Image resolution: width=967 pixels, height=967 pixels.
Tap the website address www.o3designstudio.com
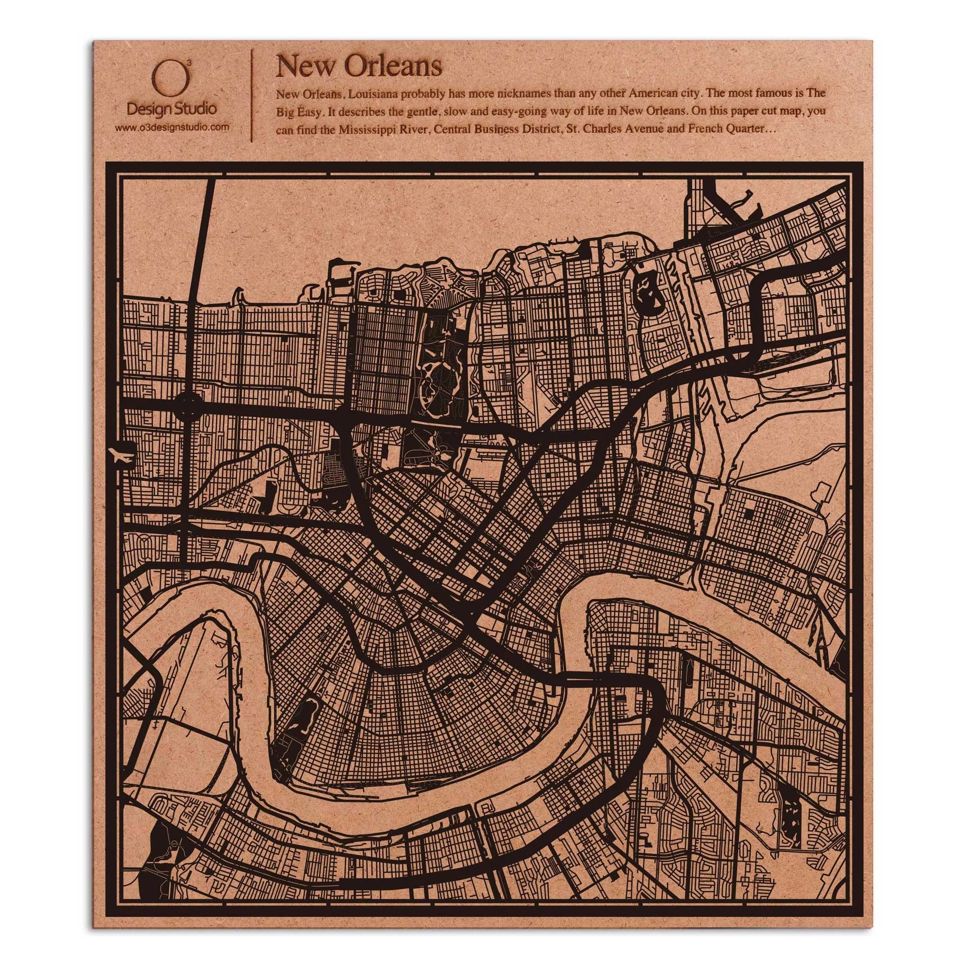point(172,128)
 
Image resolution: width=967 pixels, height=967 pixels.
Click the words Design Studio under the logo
point(172,108)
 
